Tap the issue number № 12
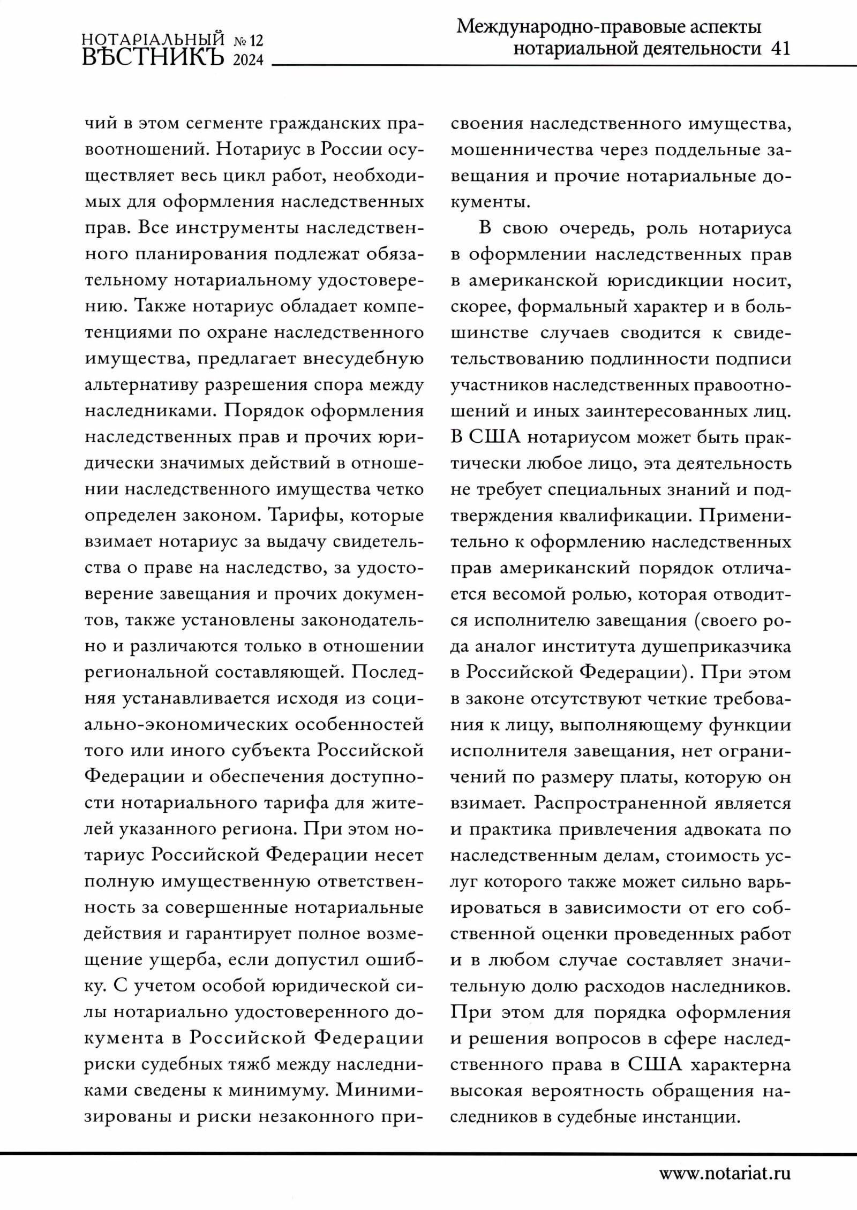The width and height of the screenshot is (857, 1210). (x=249, y=40)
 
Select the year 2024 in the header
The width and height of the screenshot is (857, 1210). (x=249, y=59)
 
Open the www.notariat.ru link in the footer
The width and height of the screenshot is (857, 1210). (x=724, y=1174)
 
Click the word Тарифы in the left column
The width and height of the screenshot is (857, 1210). (x=301, y=515)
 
